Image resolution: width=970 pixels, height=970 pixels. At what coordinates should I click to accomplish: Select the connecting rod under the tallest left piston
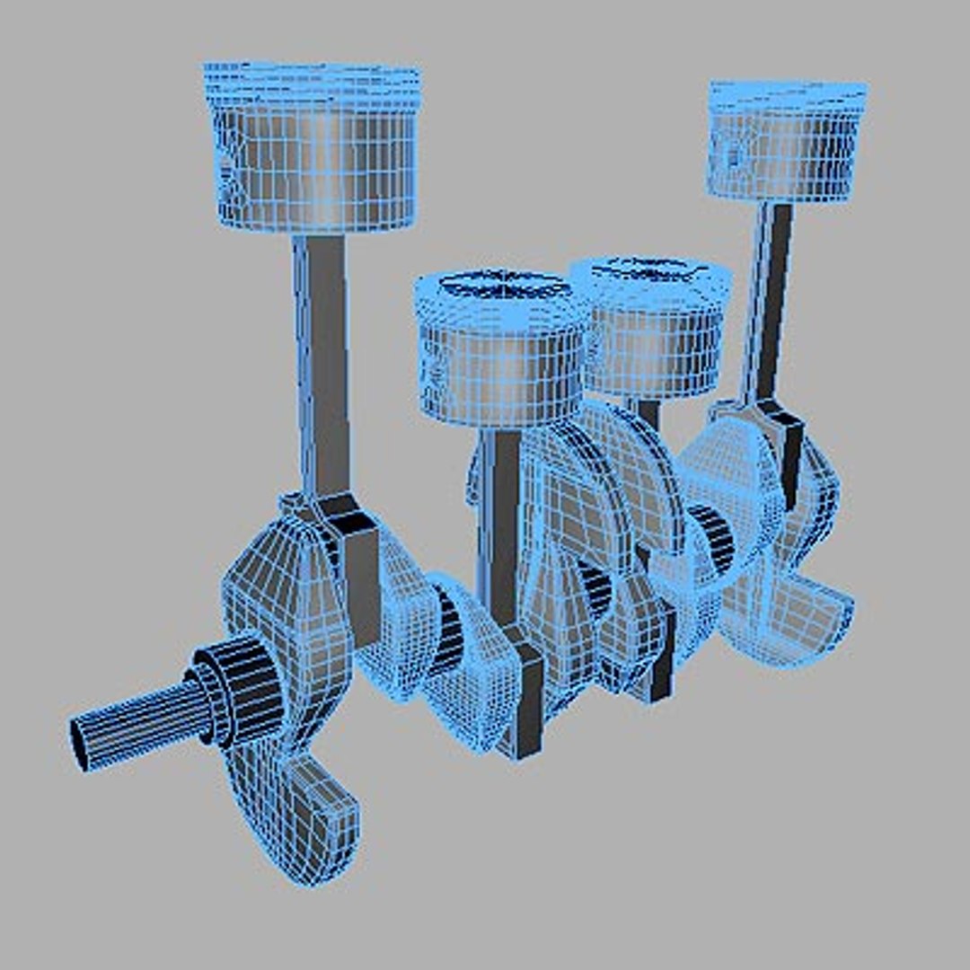point(322,359)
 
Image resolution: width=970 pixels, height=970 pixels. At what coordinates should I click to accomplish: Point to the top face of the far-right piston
point(788,92)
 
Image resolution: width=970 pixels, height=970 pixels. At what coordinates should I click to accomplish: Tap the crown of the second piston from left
point(503,287)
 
